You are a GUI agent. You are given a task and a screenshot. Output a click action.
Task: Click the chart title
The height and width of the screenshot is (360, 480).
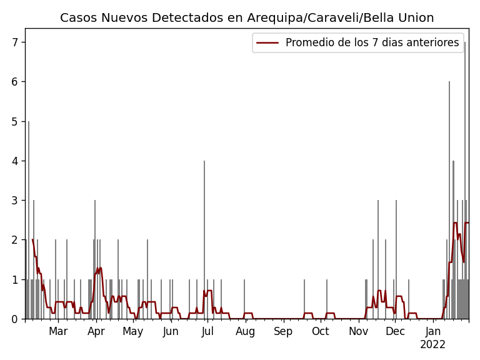pyautogui.click(x=247, y=18)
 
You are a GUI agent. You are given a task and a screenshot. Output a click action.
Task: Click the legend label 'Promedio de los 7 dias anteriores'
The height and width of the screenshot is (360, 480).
pyautogui.click(x=372, y=42)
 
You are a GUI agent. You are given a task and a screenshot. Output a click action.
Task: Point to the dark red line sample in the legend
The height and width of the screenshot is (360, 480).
pyautogui.click(x=268, y=42)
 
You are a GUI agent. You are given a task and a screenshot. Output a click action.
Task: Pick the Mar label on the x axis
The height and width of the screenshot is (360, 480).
pyautogui.click(x=58, y=331)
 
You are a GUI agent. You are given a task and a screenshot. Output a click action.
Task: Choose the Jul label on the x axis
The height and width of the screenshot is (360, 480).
pyautogui.click(x=207, y=331)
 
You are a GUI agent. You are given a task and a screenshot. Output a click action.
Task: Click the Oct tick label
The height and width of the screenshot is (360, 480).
pyautogui.click(x=320, y=331)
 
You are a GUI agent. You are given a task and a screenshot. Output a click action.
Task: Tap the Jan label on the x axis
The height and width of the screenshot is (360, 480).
pyautogui.click(x=432, y=331)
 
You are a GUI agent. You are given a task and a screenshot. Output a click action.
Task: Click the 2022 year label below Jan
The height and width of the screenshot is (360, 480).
pyautogui.click(x=432, y=344)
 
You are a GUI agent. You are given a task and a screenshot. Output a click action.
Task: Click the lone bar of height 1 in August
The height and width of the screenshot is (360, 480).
pyautogui.click(x=244, y=299)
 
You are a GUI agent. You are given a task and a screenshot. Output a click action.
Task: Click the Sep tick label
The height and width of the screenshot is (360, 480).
pyautogui.click(x=283, y=331)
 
